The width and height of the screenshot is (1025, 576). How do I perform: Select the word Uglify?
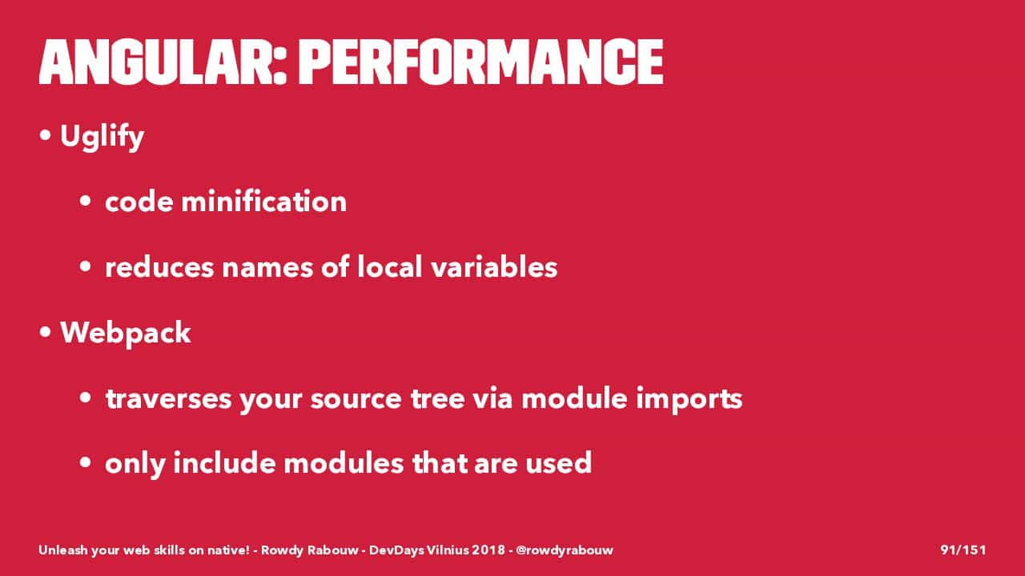(102, 137)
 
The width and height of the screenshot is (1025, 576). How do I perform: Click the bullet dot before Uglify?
(45, 135)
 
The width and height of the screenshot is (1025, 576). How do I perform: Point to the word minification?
(264, 201)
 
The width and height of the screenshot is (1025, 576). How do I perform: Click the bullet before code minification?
(85, 201)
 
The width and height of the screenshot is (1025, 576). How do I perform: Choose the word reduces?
(159, 267)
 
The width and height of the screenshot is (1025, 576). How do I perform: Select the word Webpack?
(126, 333)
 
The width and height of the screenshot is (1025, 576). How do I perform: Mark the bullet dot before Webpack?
(45, 332)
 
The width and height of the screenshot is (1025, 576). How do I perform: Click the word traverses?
(168, 398)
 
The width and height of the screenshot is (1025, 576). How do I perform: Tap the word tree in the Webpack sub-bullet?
(438, 398)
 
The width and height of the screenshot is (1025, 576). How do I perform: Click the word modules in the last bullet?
(344, 463)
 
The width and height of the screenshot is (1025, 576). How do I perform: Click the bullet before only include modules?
(85, 462)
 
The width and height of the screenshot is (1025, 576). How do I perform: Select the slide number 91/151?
(963, 550)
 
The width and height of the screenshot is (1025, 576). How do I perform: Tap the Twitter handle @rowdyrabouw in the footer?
(565, 550)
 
